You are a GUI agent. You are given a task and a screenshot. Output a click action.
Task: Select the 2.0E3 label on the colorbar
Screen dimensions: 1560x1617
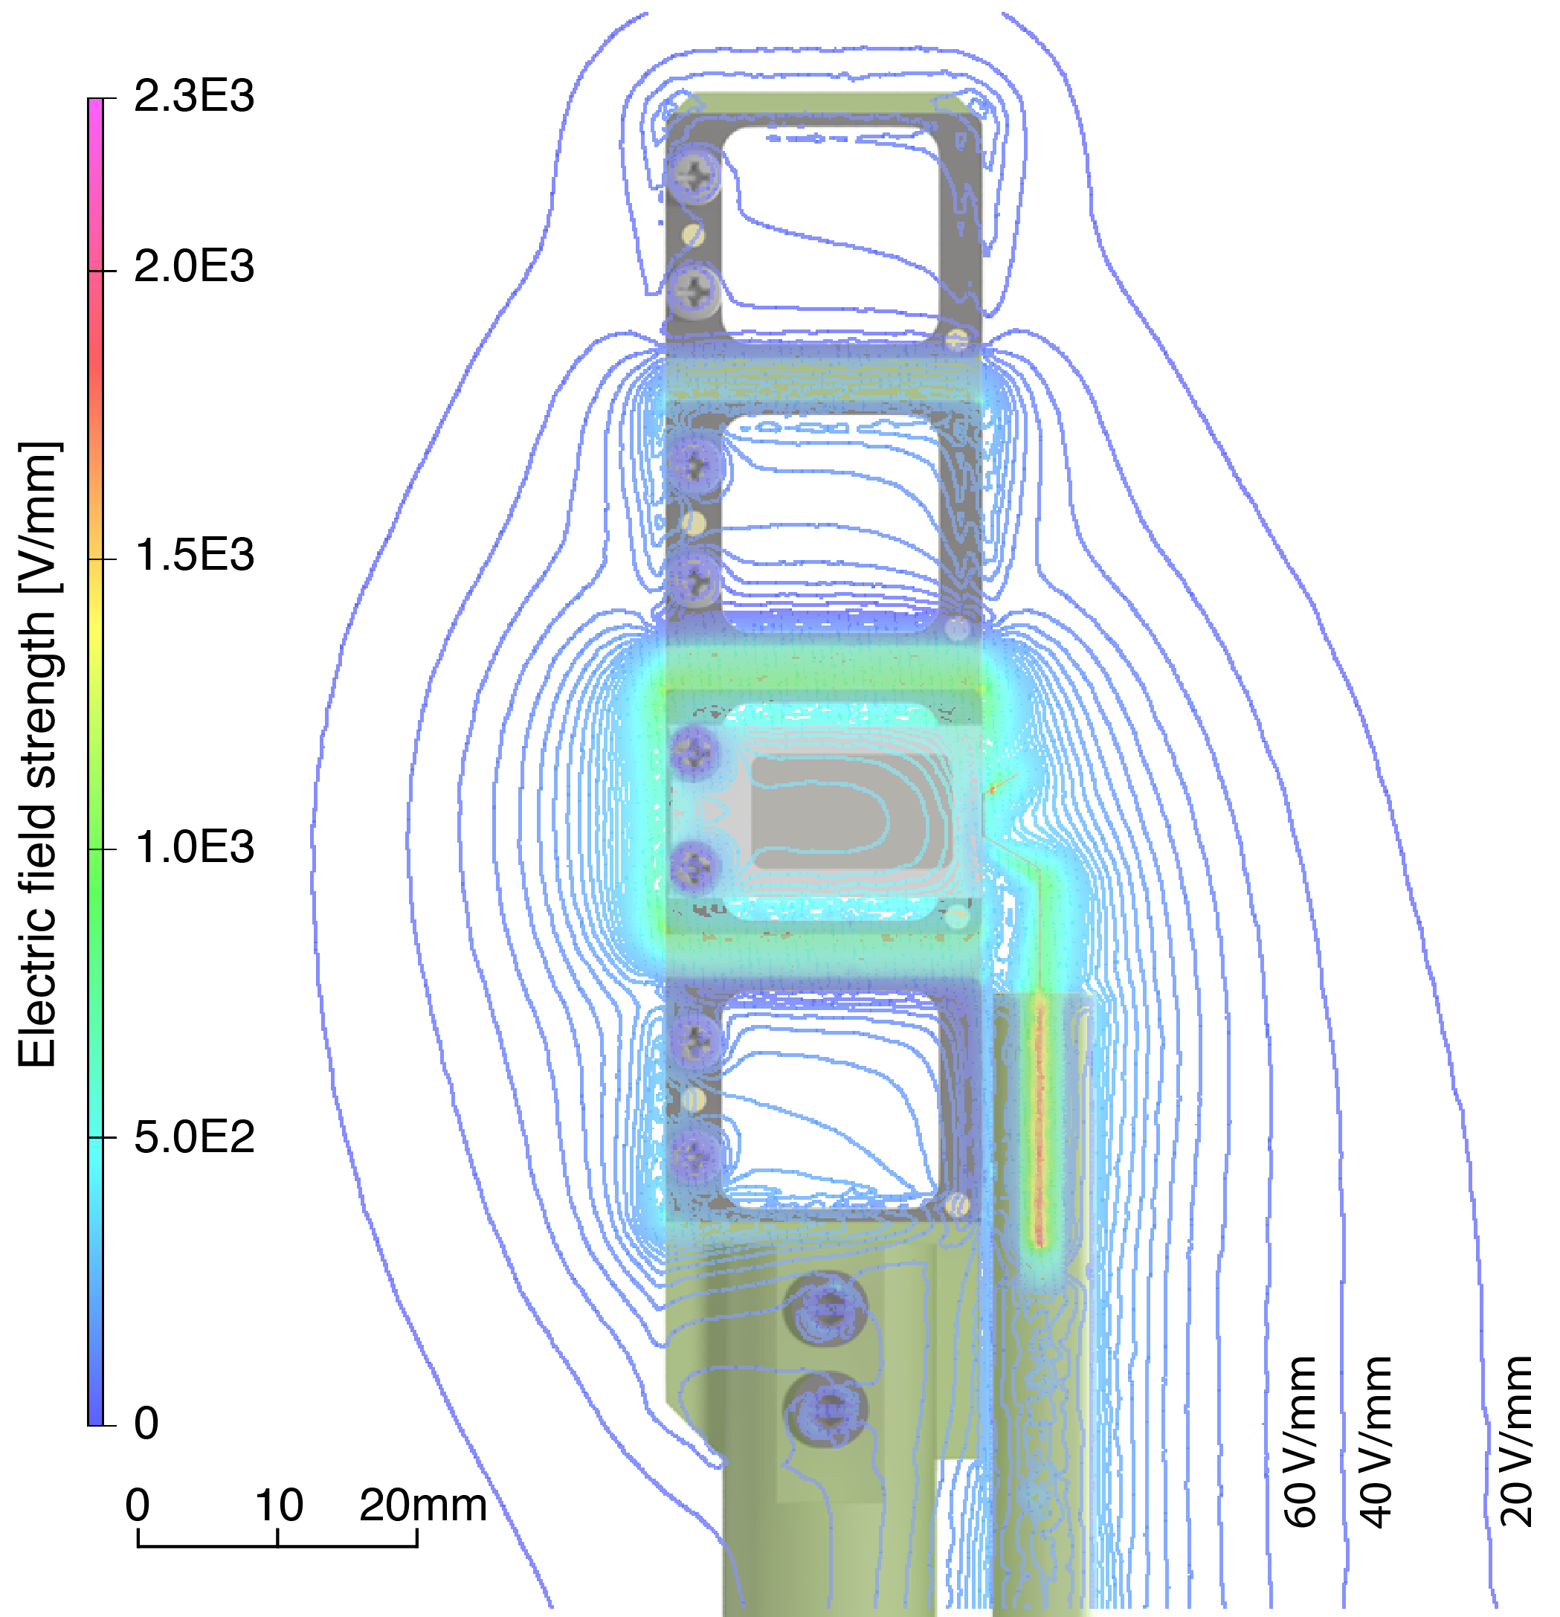tap(194, 266)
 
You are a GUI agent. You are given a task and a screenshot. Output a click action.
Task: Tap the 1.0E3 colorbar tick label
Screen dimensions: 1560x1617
tap(194, 847)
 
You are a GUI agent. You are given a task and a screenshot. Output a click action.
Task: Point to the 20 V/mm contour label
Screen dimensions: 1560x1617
tap(1516, 1441)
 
